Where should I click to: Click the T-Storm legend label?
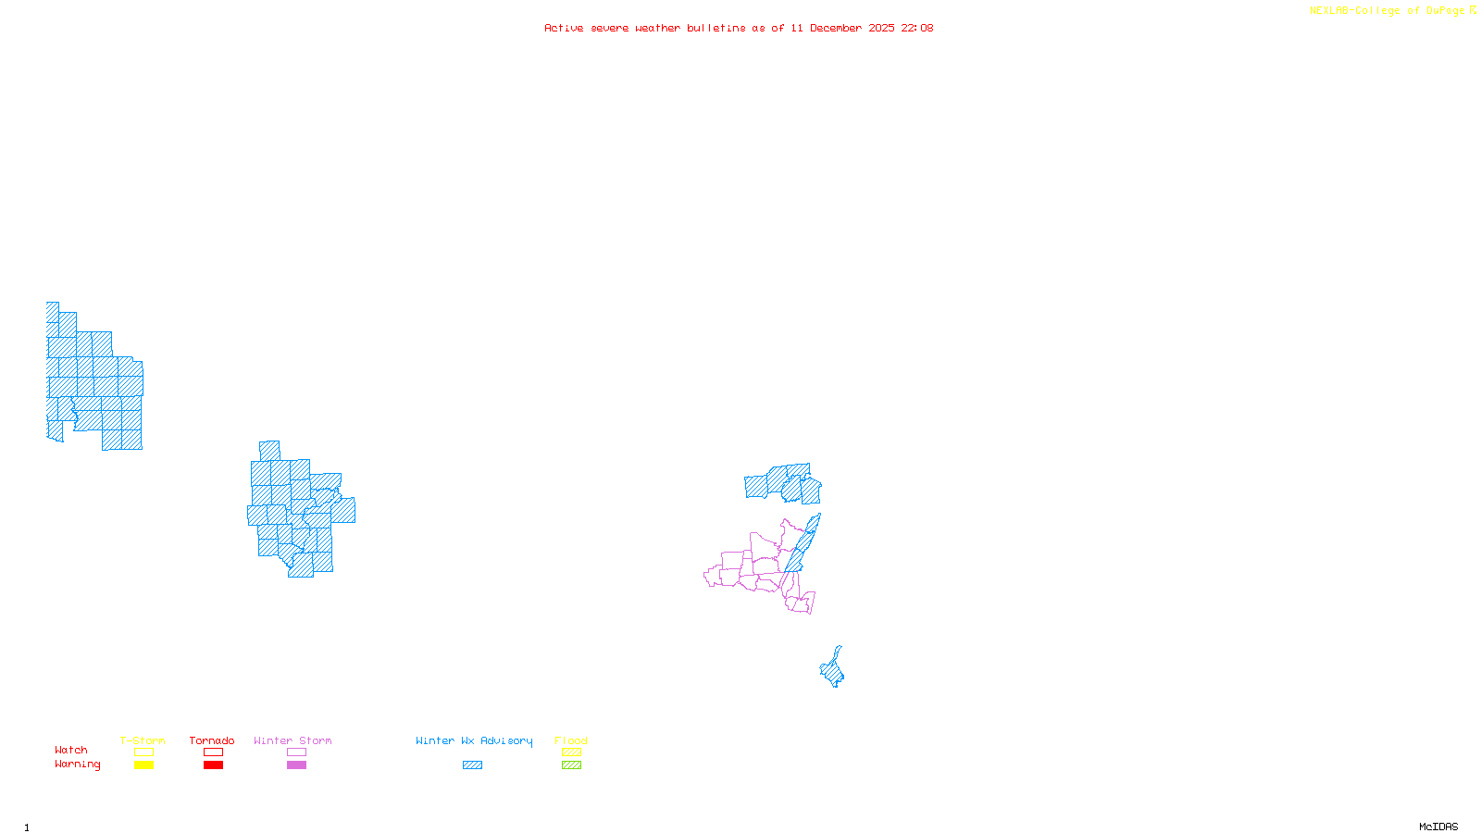pos(143,740)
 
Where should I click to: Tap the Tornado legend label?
pos(212,740)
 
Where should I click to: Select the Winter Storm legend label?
pos(292,740)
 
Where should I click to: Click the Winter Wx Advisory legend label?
pos(474,740)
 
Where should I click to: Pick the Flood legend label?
pos(571,740)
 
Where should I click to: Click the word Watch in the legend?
pos(71,750)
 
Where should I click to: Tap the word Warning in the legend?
pos(78,765)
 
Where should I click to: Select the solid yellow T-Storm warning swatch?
pos(143,765)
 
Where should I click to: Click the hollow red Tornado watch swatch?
pos(213,752)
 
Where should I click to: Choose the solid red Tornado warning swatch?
pos(213,765)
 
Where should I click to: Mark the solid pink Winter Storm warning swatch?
pos(296,765)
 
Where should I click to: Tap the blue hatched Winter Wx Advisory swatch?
pos(472,765)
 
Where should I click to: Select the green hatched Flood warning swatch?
pos(572,765)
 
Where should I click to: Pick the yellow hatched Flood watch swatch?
pos(572,752)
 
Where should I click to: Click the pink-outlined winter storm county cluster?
pos(754,566)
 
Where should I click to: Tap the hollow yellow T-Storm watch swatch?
pos(143,752)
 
